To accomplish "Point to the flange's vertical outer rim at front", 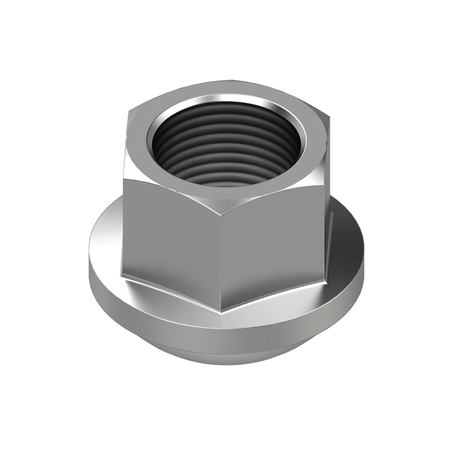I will [226, 332].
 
